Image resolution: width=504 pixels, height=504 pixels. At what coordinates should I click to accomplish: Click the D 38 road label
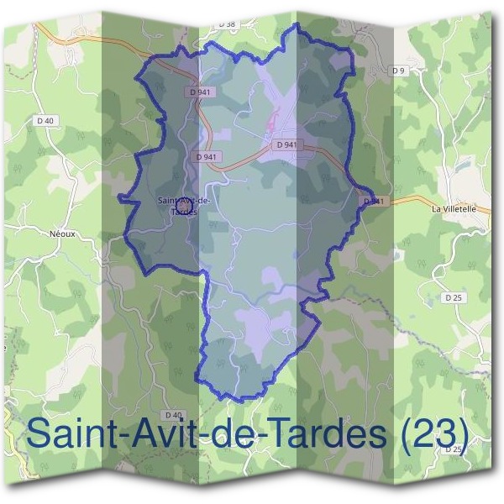point(227,25)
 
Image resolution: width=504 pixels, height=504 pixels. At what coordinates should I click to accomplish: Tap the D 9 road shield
point(398,71)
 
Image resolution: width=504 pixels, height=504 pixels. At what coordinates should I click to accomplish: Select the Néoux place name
point(63,234)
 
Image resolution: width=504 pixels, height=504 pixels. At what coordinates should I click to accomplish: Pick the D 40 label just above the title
point(174,415)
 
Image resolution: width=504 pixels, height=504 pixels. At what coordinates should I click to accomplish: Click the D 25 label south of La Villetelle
point(454,297)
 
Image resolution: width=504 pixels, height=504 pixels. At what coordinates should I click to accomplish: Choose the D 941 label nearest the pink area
point(286,144)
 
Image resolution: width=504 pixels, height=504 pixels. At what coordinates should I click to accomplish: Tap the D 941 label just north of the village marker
point(206,156)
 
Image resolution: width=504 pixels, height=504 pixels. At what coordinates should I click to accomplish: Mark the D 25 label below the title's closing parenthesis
point(454,450)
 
